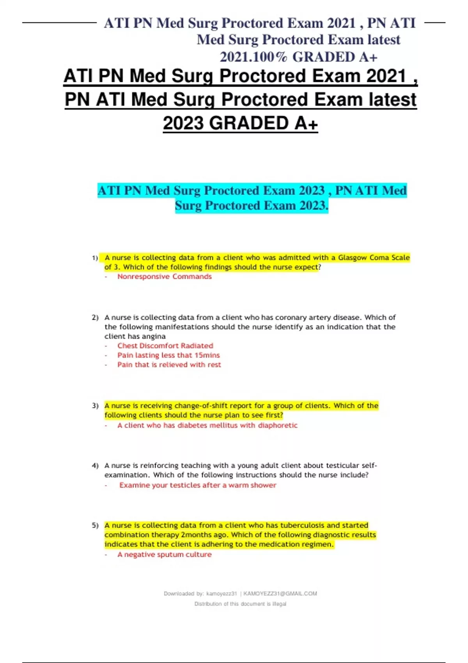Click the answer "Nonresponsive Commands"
point(164,277)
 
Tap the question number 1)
point(95,258)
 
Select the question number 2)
point(95,317)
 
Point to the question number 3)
point(95,406)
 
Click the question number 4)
point(95,465)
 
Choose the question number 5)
point(95,525)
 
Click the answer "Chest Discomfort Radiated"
point(165,346)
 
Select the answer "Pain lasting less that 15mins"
point(168,355)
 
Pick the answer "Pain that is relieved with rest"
point(169,365)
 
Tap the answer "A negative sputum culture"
point(164,555)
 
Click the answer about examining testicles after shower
point(198,485)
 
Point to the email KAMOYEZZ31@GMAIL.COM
point(280,594)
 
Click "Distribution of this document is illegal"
point(240,604)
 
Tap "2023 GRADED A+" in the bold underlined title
point(240,123)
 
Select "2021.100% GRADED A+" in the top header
point(298,57)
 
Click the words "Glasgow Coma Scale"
point(374,257)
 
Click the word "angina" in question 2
point(154,336)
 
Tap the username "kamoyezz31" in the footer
point(222,594)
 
